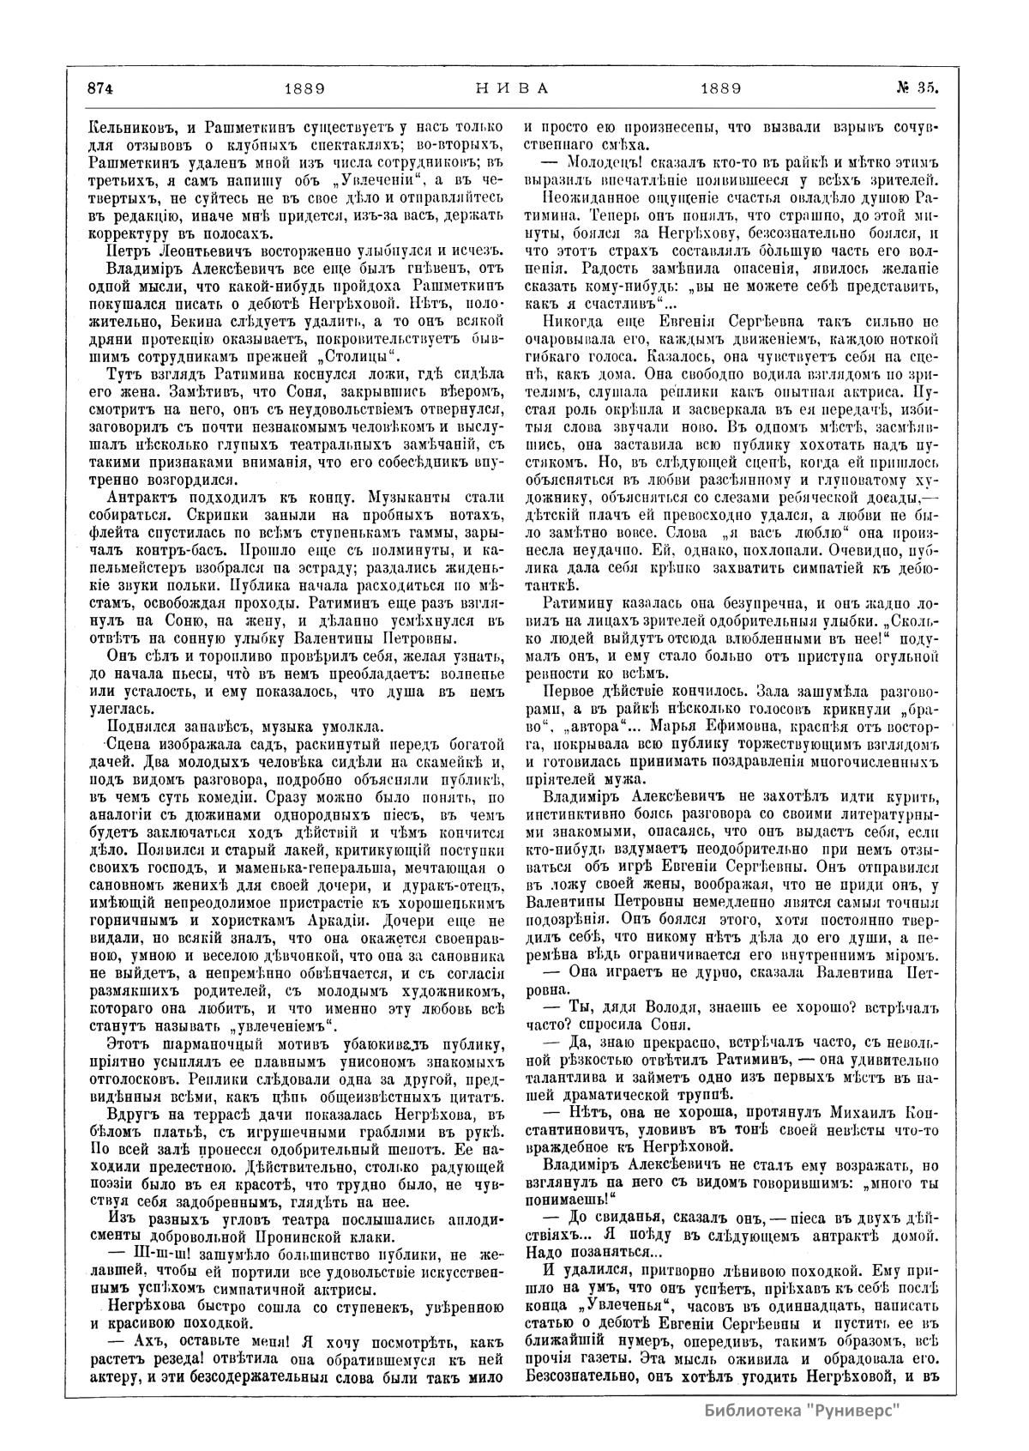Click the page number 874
99,88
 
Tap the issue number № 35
917,88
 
